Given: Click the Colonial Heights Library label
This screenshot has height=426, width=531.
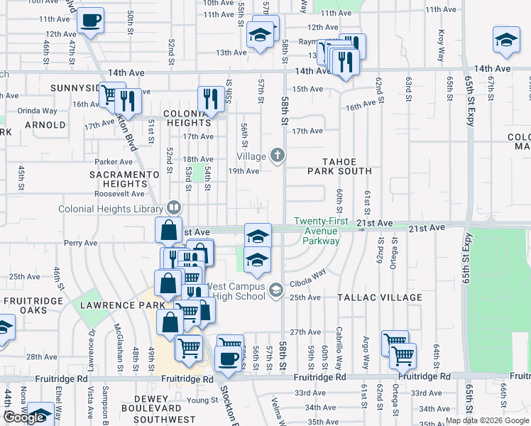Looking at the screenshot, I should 111,209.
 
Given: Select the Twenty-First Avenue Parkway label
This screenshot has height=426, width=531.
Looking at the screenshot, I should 322,231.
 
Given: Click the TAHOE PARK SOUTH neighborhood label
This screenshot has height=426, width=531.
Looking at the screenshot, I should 339,165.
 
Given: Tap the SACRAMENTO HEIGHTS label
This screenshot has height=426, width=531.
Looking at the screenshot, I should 124,179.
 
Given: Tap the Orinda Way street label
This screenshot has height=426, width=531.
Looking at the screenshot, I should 37,111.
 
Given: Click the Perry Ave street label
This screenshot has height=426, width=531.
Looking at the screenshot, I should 80,243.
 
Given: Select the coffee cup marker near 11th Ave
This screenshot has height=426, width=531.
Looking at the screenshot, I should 90,21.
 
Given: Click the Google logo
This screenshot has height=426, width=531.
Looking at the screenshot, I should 24,417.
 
